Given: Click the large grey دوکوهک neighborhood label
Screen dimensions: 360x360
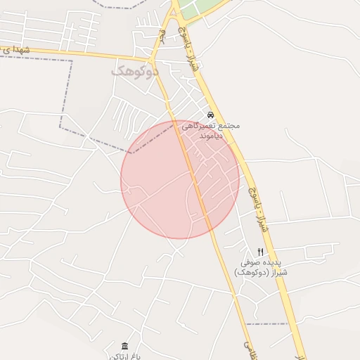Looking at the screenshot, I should click(135, 71).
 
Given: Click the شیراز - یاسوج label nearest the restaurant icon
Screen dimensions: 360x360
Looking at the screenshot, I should click(256, 210).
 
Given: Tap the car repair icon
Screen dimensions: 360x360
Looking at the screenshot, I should click(210, 115).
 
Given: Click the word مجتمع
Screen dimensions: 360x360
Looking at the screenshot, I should click(226, 125).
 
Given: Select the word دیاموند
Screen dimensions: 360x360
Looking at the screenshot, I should click(210, 135).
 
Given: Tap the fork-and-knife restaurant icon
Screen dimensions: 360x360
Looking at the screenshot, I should click(260, 252).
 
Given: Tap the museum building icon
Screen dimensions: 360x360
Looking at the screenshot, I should click(124, 346).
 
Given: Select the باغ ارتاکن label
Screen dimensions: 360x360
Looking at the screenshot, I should click(124, 356).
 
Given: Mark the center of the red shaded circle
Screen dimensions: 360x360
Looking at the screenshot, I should click(180, 179).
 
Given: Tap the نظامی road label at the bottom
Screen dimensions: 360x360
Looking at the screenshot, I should click(248, 349).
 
